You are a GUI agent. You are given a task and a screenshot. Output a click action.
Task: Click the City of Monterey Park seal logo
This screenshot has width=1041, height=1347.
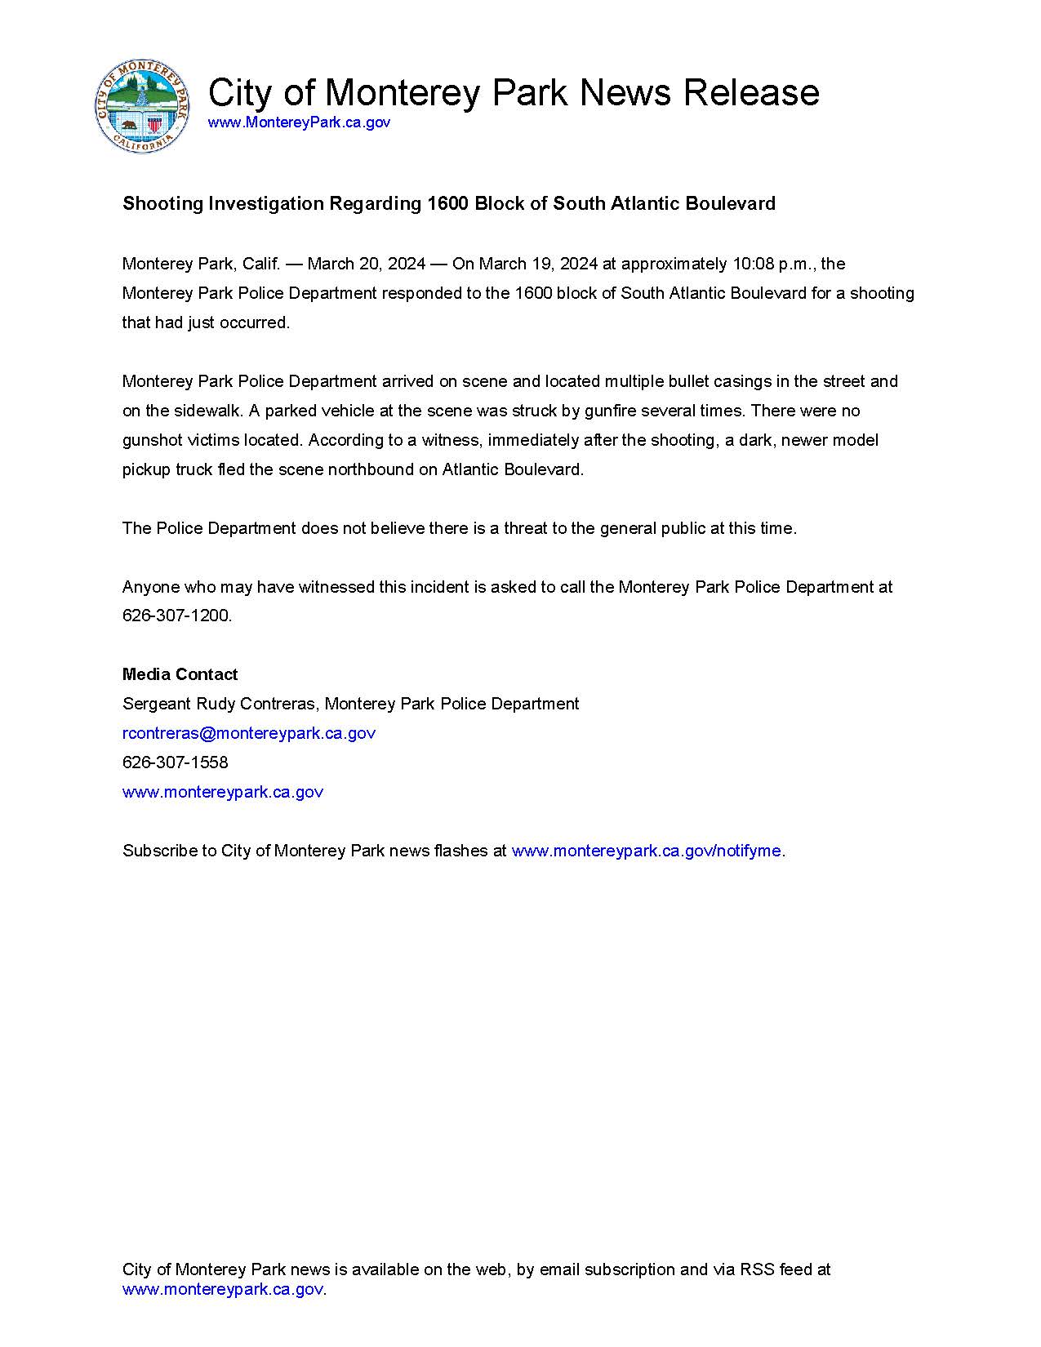pyautogui.click(x=142, y=106)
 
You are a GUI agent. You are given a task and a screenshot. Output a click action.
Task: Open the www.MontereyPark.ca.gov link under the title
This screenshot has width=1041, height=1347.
pyautogui.click(x=299, y=122)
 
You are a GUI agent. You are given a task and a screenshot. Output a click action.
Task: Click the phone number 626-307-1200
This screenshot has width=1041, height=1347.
pyautogui.click(x=176, y=616)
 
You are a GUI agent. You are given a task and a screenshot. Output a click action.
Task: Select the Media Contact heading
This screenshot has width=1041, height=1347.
pyautogui.click(x=180, y=674)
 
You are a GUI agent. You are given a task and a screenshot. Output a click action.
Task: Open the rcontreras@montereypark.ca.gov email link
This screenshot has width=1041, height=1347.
pyautogui.click(x=248, y=733)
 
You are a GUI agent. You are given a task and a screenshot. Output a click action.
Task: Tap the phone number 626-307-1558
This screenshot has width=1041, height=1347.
pyautogui.click(x=175, y=762)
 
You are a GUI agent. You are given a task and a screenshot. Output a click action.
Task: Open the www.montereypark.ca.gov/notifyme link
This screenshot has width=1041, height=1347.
pyautogui.click(x=646, y=851)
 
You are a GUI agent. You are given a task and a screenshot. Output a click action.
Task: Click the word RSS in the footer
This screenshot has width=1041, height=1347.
pyautogui.click(x=757, y=1269)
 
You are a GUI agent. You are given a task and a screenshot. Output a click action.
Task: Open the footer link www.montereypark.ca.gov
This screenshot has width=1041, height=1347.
pyautogui.click(x=222, y=1290)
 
